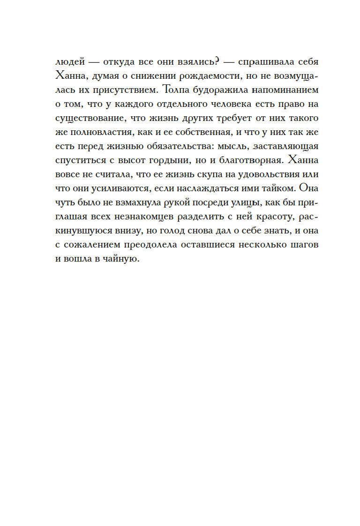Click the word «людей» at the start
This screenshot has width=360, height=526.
tap(69, 63)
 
